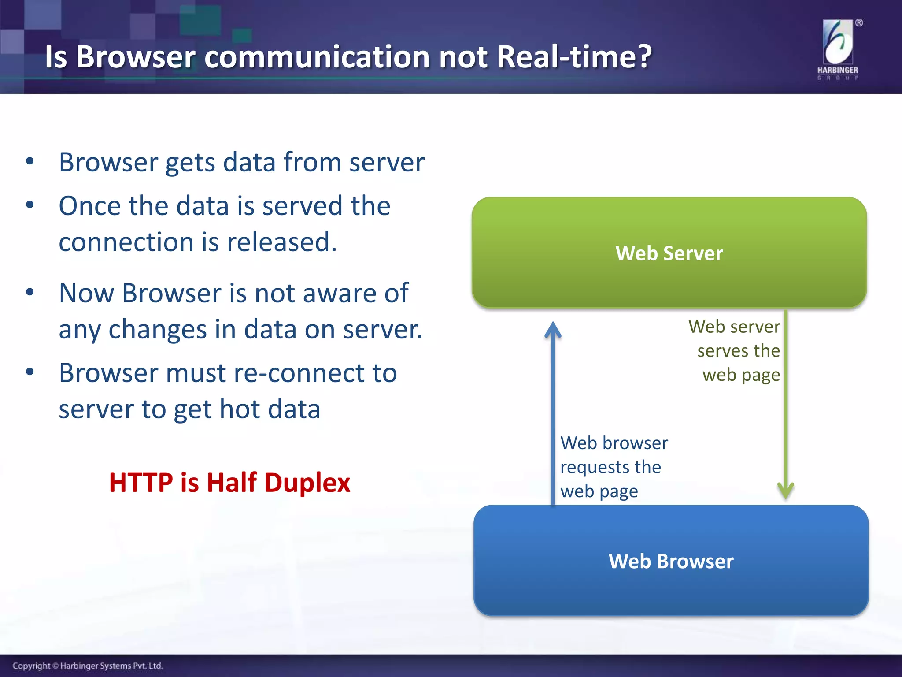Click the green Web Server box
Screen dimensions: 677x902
pyautogui.click(x=669, y=253)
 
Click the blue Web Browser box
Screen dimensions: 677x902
pyautogui.click(x=671, y=561)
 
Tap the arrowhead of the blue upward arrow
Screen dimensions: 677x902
pyautogui.click(x=553, y=330)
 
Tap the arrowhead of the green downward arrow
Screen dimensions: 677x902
pyautogui.click(x=786, y=491)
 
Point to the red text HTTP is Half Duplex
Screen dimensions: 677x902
pyautogui.click(x=229, y=482)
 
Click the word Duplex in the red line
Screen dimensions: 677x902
pyautogui.click(x=307, y=482)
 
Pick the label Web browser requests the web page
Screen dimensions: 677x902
pyautogui.click(x=614, y=467)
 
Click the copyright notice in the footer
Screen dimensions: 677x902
pyautogui.click(x=88, y=666)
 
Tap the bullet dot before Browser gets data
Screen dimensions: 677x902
pyautogui.click(x=30, y=161)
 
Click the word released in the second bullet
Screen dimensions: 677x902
pyautogui.click(x=281, y=242)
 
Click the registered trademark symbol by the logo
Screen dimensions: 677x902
pyautogui.click(x=859, y=23)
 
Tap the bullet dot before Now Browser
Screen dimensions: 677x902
pyautogui.click(x=30, y=292)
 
